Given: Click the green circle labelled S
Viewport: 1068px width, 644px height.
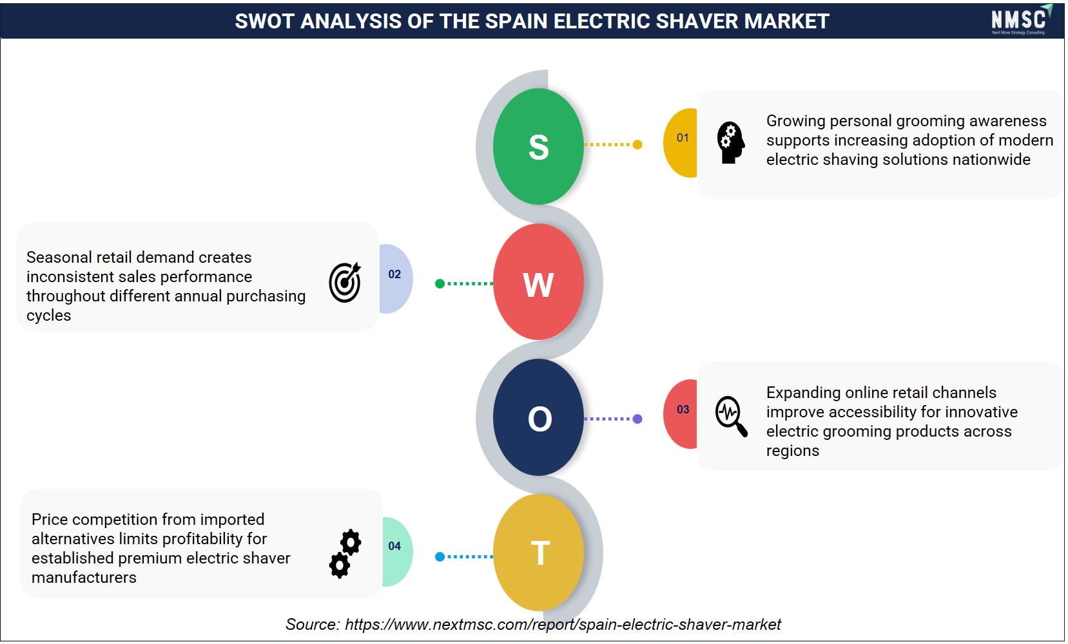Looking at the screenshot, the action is click(538, 146).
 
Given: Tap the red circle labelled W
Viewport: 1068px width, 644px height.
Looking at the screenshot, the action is click(538, 282).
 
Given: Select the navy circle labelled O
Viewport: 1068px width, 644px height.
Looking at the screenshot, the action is click(538, 417).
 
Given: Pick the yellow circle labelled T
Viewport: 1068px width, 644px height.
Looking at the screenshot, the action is click(538, 553).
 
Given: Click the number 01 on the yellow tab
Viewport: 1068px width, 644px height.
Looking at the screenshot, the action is click(683, 138).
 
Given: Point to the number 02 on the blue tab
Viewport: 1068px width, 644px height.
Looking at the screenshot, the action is click(394, 274).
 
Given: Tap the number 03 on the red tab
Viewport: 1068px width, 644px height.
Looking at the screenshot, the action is click(683, 410).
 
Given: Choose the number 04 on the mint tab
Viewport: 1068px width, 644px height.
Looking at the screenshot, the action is click(394, 546).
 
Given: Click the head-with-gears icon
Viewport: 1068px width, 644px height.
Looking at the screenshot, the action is click(730, 143).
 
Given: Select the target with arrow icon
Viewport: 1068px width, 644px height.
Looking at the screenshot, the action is click(345, 282).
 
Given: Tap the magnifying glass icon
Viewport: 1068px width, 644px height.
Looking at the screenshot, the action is click(731, 416).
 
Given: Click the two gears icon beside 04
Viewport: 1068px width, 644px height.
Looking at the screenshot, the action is click(345, 553).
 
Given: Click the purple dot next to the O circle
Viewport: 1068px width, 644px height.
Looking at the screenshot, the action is click(637, 419).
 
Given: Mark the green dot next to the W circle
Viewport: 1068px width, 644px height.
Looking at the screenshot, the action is click(440, 284).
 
